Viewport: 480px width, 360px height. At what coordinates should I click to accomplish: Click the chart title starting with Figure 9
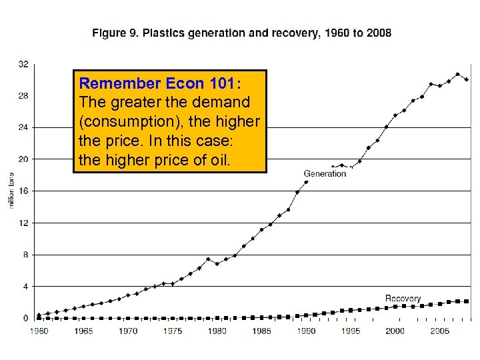[x=241, y=32]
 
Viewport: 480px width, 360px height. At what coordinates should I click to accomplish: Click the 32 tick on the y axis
[x=23, y=64]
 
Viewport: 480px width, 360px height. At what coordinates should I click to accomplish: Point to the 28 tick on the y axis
[x=23, y=95]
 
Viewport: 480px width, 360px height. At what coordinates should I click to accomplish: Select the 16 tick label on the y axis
[x=23, y=191]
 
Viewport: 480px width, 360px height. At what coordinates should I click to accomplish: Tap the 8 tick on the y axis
[x=25, y=254]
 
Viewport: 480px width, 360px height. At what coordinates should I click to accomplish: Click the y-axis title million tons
[x=11, y=190]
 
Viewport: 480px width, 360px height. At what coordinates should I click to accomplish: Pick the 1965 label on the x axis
[x=83, y=331]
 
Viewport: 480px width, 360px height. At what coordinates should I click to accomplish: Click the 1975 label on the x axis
[x=172, y=331]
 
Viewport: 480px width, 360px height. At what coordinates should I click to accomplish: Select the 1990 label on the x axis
[x=306, y=331]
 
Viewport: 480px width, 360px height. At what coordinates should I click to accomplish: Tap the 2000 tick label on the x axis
[x=395, y=331]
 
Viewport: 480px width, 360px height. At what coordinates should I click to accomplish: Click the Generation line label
[x=325, y=173]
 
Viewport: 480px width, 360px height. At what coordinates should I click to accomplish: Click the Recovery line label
[x=403, y=299]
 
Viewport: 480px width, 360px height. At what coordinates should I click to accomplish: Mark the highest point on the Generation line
[x=457, y=74]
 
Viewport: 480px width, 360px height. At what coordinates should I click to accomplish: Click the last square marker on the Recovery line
[x=466, y=301]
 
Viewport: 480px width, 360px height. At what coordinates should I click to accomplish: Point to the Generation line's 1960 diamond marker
[x=39, y=315]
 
